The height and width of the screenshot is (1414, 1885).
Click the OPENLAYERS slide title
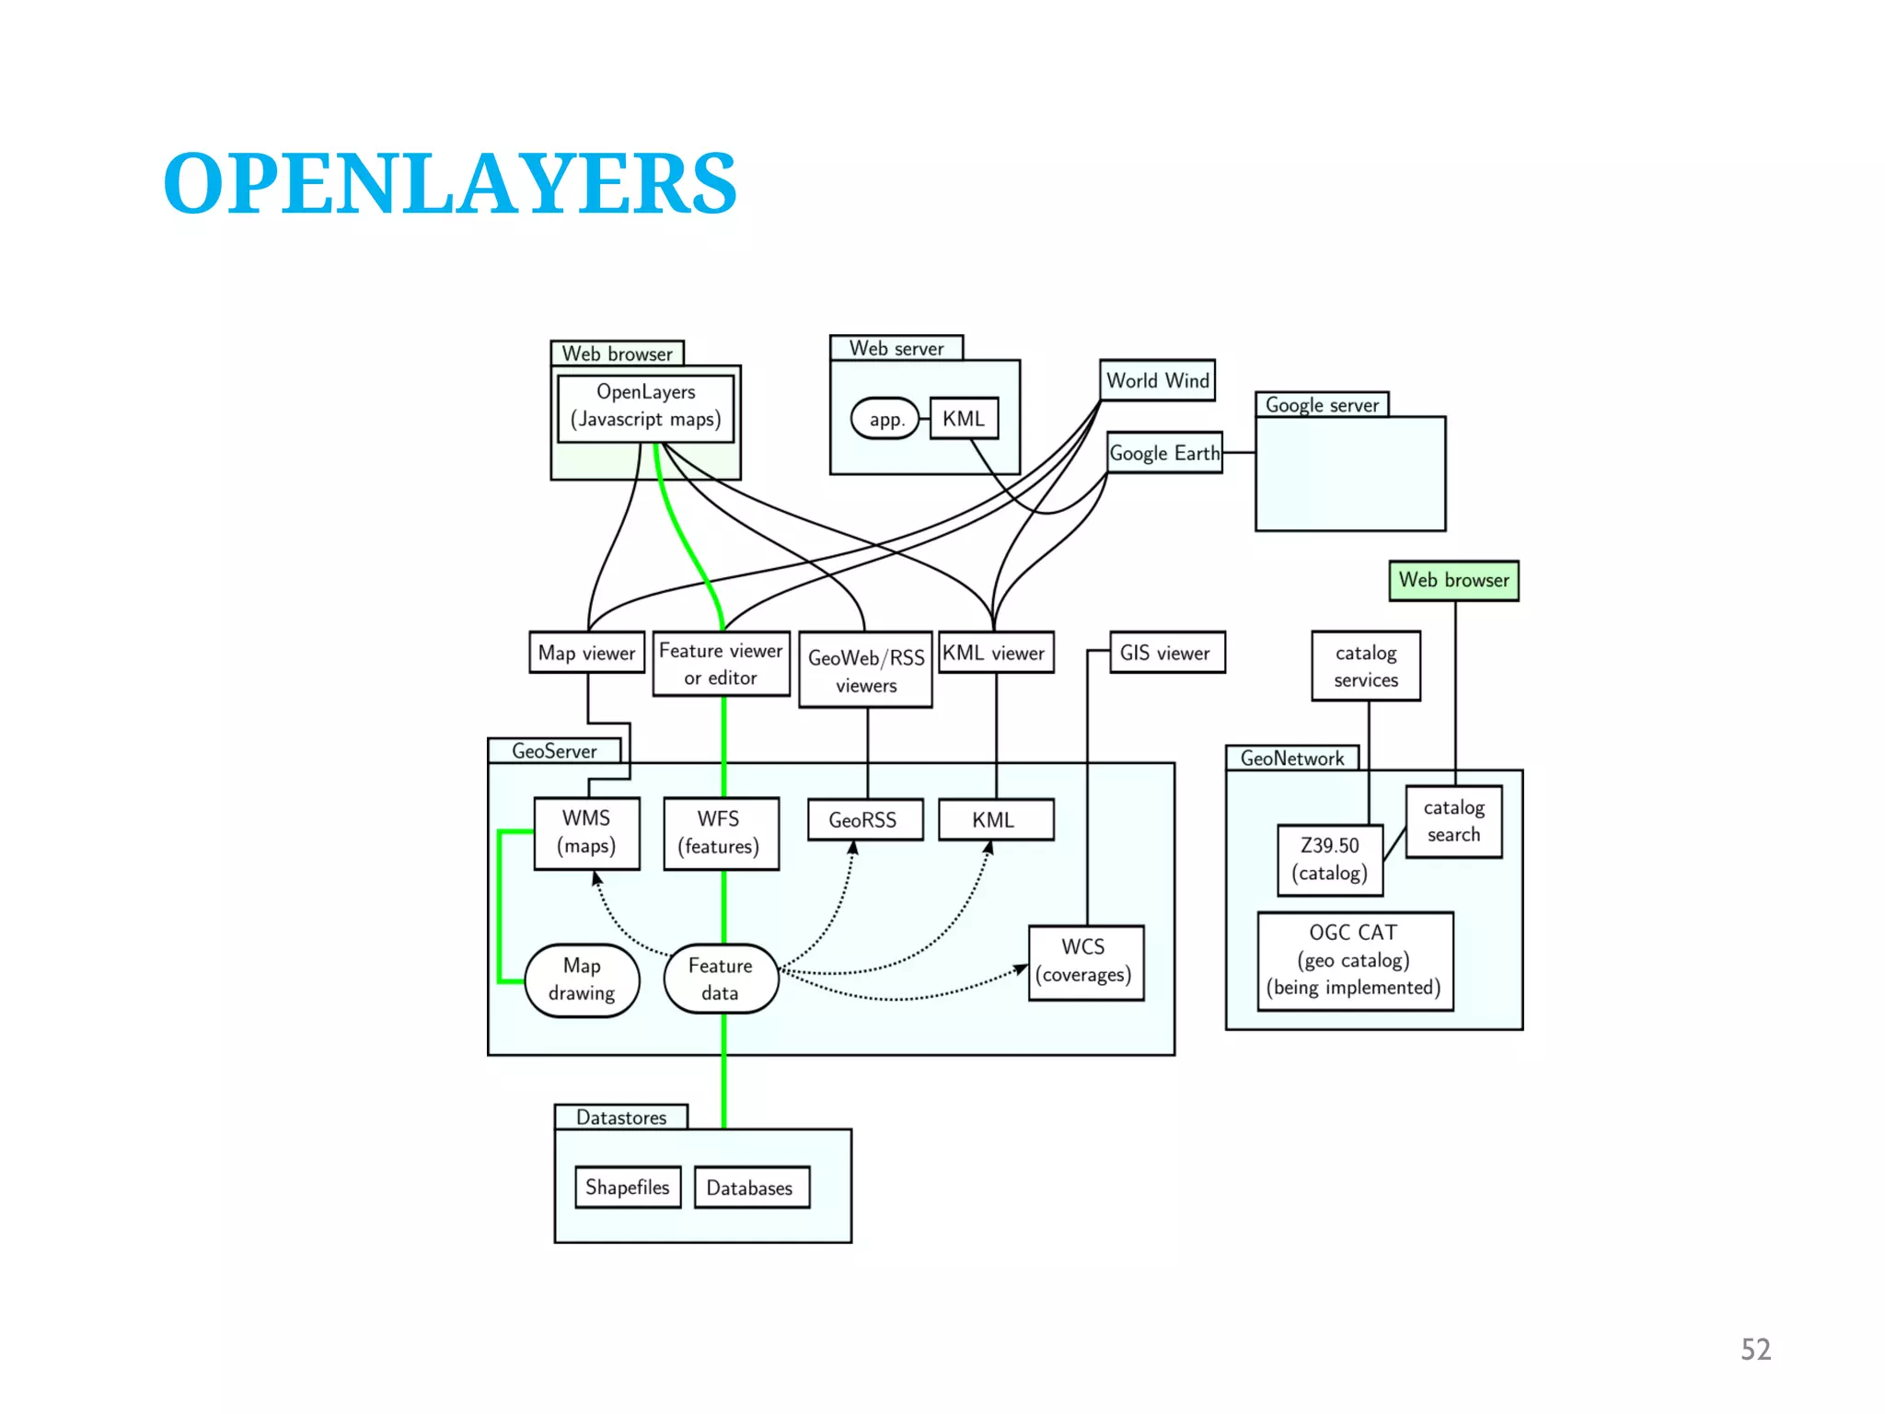point(449,184)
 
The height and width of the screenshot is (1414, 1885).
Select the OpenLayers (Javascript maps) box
point(645,406)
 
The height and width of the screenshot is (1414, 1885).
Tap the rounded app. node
point(885,419)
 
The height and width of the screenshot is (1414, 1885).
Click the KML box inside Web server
point(964,419)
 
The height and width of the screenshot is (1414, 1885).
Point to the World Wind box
point(1157,380)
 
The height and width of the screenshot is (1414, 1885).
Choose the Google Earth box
point(1164,453)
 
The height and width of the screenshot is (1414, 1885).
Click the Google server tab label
point(1322,405)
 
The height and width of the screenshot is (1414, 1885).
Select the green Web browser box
point(1453,580)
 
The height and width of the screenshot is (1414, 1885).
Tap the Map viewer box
point(586,653)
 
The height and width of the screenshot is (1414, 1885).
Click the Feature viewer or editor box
point(721,664)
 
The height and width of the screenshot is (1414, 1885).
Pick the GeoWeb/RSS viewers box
point(865,670)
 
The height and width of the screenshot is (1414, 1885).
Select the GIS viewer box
point(1166,653)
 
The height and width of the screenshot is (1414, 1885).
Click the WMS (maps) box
point(586,832)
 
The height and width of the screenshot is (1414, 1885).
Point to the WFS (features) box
point(720,833)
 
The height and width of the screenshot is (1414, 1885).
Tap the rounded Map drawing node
point(582,979)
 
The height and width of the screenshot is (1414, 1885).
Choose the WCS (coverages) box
point(1084,961)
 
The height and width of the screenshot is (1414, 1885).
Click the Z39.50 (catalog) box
point(1330,860)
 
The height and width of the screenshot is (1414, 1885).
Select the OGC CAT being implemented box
point(1354,960)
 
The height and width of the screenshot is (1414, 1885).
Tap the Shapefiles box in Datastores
point(628,1187)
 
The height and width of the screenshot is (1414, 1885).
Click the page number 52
point(1755,1349)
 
